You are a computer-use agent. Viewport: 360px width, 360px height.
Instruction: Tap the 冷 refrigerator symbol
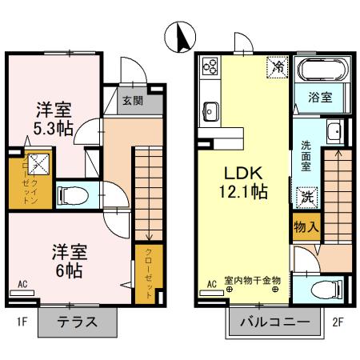[x=276, y=64]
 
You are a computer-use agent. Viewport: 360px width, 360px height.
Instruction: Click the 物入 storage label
[x=306, y=226]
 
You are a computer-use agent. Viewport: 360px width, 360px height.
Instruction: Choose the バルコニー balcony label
[x=274, y=324]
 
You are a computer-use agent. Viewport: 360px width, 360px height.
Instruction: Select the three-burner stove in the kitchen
[x=211, y=64]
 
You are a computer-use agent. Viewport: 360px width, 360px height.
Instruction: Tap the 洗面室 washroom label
[x=306, y=152]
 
